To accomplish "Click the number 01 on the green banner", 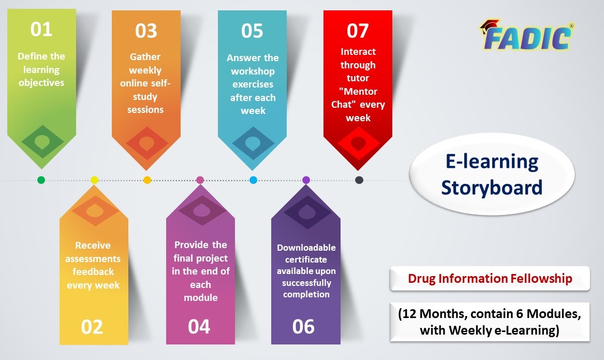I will coord(41,30).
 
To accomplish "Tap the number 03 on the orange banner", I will coord(146,31).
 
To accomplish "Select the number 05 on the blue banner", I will coord(252,31).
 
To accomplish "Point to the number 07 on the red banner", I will coord(358,31).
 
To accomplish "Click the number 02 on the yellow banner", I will coord(92,327).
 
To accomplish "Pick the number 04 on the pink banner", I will coord(199,326).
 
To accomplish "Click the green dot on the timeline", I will coord(41,180).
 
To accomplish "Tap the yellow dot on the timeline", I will coord(94,180).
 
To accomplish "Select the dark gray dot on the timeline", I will coord(359,180).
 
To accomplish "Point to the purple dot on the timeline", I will coord(306,180).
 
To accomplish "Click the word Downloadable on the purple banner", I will coord(306,248).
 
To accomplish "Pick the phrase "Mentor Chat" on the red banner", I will coord(358,98).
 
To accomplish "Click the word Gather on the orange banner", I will coord(145,56).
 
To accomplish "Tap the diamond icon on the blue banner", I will coord(252,142).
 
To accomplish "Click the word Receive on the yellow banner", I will coord(93,245).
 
